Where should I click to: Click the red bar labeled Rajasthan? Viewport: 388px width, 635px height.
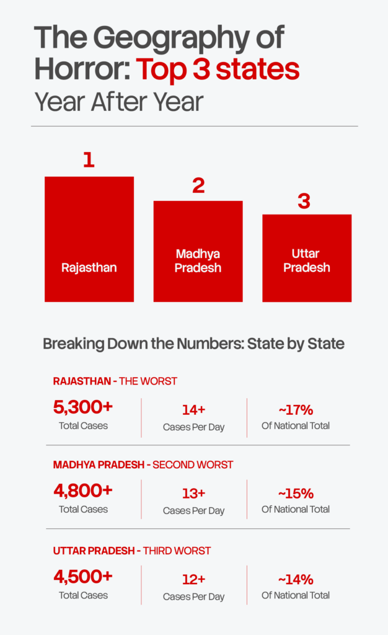89,239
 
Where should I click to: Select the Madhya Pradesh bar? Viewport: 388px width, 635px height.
198,251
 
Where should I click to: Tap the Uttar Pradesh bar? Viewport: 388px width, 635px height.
306,258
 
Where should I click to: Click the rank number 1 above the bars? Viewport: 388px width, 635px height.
89,160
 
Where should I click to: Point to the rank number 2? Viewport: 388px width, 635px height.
198,185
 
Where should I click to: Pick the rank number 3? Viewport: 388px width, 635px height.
304,202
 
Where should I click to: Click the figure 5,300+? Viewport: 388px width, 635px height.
83,407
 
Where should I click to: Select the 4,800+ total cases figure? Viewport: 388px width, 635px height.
83,491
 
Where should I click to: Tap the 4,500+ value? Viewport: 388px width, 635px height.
83,577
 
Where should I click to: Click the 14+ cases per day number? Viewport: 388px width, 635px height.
193,410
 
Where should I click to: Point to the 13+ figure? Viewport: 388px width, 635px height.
193,494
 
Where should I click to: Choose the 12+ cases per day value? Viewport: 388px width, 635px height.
193,579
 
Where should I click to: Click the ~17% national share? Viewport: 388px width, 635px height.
296,410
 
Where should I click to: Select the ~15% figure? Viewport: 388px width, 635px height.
296,494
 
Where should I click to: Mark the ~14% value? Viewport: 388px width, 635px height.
296,579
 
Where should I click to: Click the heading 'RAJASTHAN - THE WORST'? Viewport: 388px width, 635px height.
115,381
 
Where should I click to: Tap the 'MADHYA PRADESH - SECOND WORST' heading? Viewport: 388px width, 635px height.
143,464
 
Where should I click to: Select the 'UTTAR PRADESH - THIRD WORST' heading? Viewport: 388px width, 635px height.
132,551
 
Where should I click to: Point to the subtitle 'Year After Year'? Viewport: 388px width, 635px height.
118,101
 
